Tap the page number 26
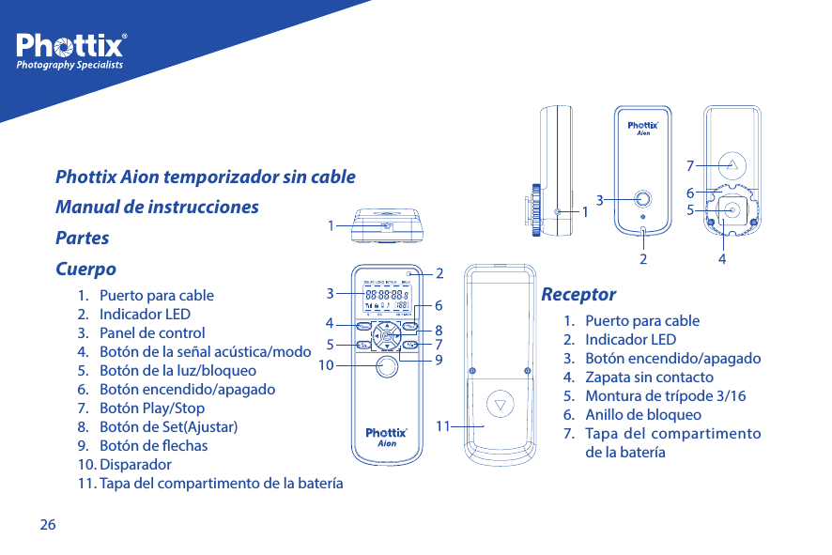47,524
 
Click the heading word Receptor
578,295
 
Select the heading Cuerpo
86,269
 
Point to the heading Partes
83,238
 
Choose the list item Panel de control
152,332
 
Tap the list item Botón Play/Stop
151,408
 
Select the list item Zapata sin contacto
648,377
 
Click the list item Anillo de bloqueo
642,414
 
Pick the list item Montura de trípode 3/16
665,395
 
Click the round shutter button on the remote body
386,367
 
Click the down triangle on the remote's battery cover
501,407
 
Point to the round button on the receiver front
642,198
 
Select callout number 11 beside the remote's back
443,425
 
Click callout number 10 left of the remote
326,363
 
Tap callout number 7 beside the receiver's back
690,165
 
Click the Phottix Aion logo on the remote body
386,437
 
